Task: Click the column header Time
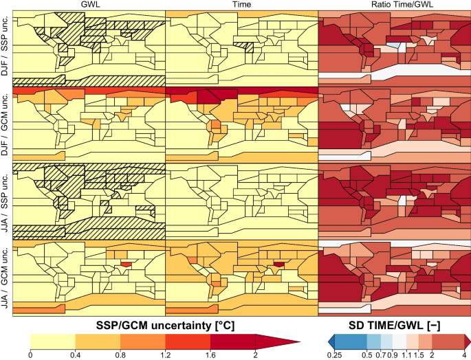point(241,5)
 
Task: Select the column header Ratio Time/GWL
point(394,5)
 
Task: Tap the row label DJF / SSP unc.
point(6,48)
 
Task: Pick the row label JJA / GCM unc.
point(6,278)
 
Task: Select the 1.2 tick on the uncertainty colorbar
point(166,354)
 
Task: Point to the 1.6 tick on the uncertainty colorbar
point(211,354)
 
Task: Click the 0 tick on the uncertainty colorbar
point(31,354)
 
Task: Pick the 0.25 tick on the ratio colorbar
point(335,354)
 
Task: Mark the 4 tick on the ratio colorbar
point(464,354)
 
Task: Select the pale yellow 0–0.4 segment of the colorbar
point(53,341)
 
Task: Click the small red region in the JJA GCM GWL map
point(125,264)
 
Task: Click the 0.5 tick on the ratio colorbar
point(366,354)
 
